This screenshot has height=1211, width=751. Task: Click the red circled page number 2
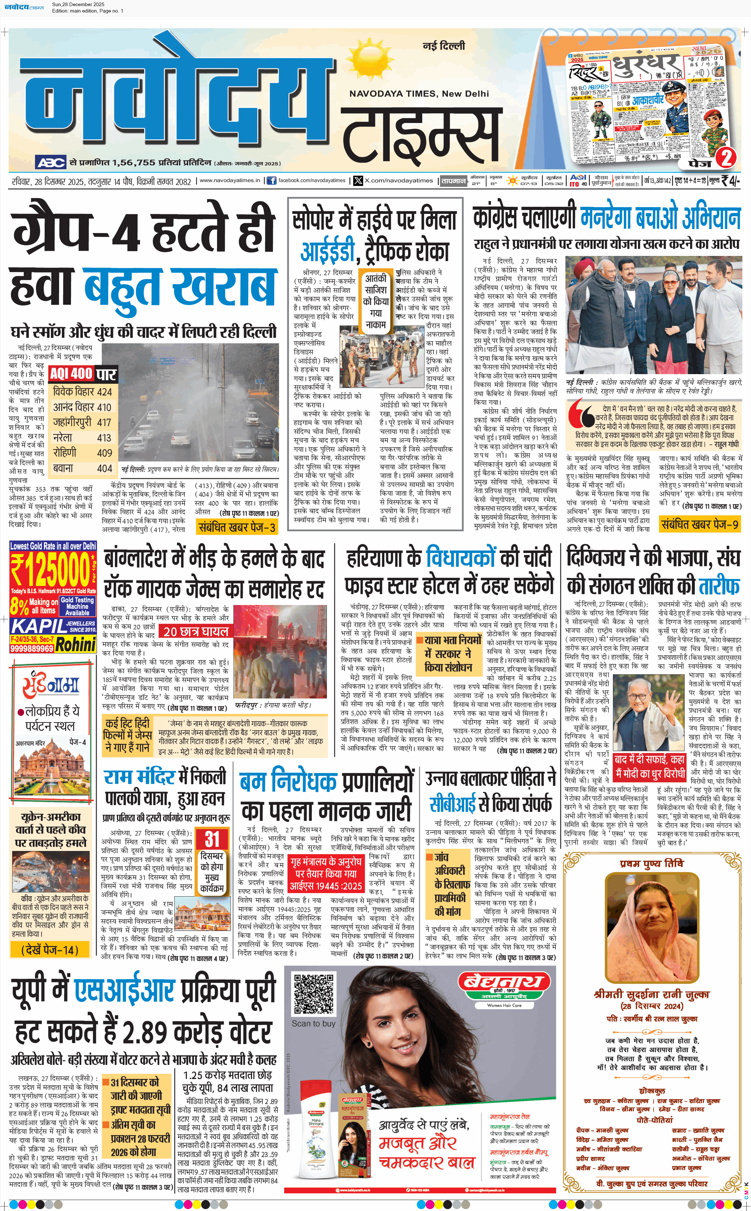pos(726,158)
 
